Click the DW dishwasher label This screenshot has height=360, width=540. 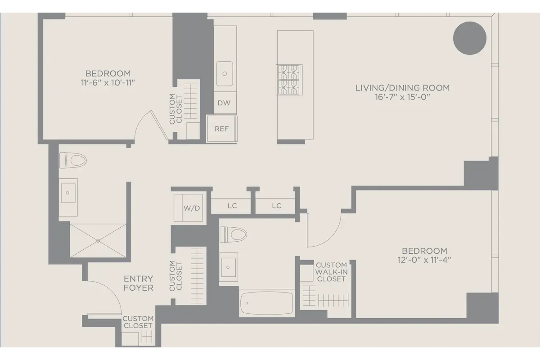click(224, 103)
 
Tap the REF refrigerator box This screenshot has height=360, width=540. click(221, 129)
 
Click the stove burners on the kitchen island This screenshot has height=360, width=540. click(288, 80)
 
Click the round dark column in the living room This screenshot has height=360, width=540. click(469, 38)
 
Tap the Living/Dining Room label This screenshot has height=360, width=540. click(402, 88)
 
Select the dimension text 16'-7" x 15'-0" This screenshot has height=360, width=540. click(402, 98)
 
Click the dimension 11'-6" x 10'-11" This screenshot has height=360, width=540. click(108, 82)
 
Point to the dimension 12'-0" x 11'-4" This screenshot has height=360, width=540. click(424, 260)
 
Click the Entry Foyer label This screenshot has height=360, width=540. click(139, 283)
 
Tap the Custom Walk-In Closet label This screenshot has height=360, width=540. click(331, 272)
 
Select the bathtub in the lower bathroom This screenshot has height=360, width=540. click(266, 303)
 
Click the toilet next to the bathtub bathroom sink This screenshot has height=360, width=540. click(233, 234)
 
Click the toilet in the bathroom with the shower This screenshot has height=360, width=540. click(73, 160)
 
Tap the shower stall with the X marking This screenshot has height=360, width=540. click(99, 241)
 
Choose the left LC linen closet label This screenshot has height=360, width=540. click(232, 206)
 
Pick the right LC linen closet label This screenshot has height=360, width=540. click(276, 206)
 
